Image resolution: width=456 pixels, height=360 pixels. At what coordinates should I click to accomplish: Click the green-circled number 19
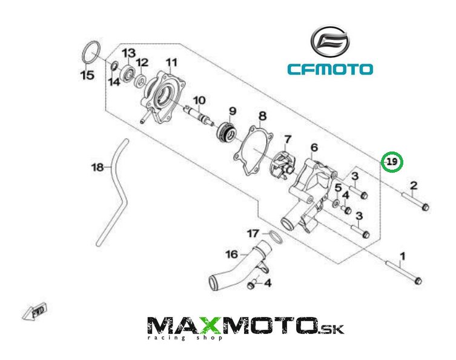(x=392, y=162)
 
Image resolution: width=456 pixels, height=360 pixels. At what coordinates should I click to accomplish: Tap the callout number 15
(x=88, y=75)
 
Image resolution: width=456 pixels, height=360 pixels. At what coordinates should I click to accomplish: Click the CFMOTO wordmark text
(x=330, y=69)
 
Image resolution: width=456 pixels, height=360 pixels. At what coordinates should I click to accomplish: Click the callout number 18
(x=98, y=167)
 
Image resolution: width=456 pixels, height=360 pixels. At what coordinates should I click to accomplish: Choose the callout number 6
(x=314, y=147)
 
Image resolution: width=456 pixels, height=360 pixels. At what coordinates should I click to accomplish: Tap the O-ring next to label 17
(x=274, y=236)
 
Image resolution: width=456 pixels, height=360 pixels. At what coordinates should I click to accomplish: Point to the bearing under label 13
(x=128, y=74)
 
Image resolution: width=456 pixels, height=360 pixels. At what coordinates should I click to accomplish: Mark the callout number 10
(x=199, y=100)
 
